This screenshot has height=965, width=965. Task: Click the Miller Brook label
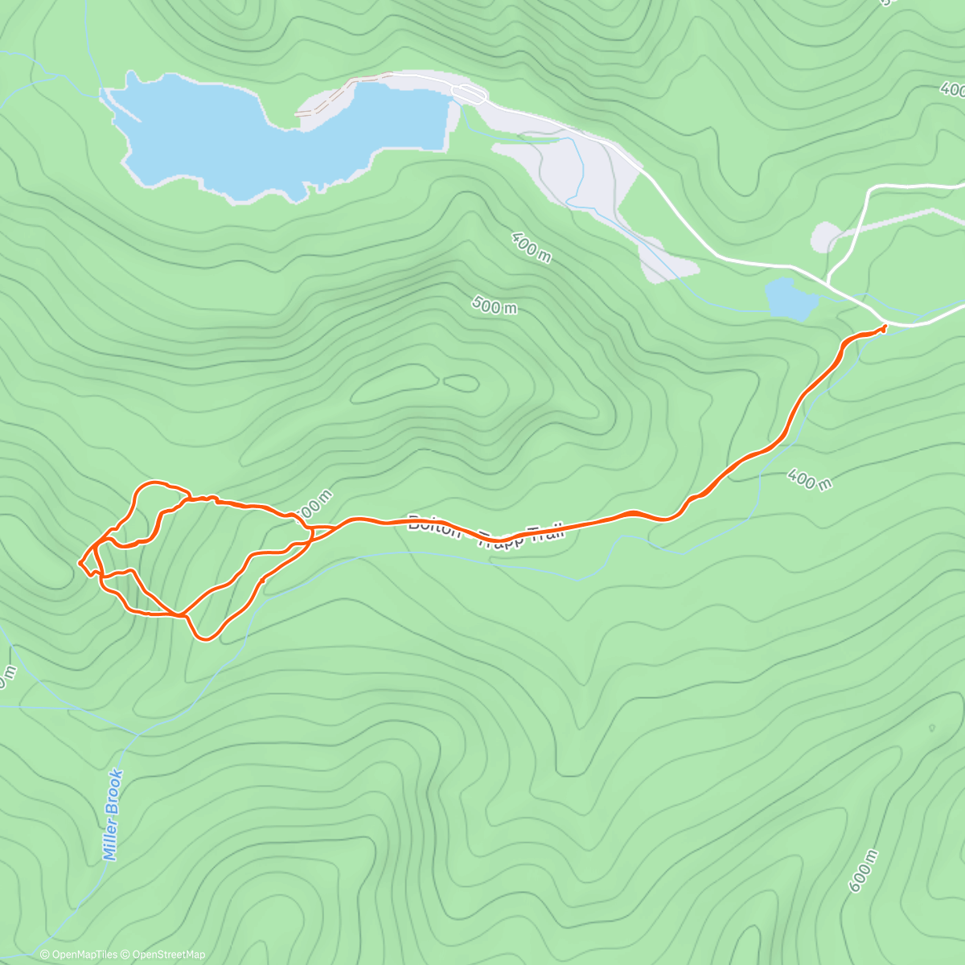point(114,815)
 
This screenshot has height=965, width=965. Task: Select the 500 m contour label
point(495,306)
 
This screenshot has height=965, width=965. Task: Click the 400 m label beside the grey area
point(532,247)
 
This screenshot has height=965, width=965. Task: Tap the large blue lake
point(241,137)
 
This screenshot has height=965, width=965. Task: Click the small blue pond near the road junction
point(791,299)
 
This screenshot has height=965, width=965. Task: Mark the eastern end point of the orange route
point(884,327)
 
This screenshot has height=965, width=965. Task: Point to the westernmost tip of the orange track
point(80,562)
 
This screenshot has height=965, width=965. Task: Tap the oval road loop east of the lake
point(469,94)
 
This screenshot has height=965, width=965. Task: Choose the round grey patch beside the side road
point(825,238)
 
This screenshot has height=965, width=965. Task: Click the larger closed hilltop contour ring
point(394,384)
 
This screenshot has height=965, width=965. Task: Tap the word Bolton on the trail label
point(434,524)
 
